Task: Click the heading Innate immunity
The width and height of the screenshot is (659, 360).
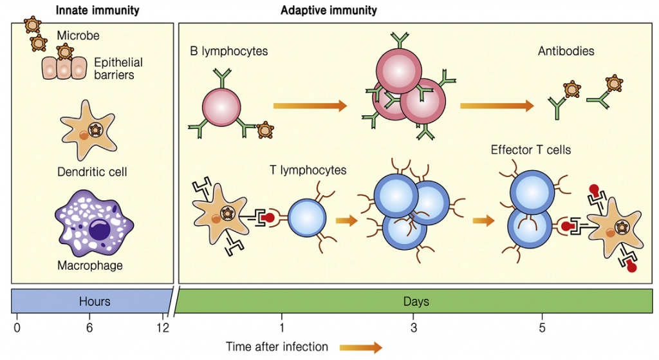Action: coord(97,10)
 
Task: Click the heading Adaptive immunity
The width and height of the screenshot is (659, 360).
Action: coord(329,10)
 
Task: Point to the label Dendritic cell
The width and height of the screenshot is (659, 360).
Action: coord(93,172)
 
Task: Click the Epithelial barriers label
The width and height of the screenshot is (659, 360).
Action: coord(118,68)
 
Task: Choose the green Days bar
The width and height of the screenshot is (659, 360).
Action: coord(416,301)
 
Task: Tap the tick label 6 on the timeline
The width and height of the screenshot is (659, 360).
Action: coord(89,327)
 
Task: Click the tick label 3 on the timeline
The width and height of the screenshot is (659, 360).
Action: coord(414,327)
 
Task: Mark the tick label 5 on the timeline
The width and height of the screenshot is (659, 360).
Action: coord(543,327)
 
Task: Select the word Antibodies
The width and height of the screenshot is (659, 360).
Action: coord(566,51)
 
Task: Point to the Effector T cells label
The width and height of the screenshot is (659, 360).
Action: coord(530,150)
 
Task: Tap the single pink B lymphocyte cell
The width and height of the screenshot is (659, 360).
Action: coord(221,108)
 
